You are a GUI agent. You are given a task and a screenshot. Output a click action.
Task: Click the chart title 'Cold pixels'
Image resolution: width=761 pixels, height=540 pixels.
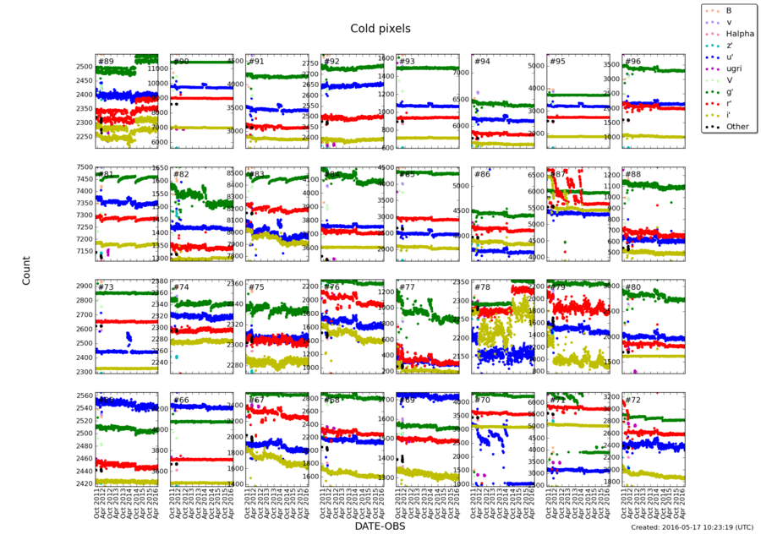tap(380, 29)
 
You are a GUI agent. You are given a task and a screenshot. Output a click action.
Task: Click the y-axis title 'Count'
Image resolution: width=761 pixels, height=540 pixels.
tap(26, 271)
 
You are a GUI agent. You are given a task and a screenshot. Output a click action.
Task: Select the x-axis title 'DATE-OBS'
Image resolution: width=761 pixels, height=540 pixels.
tap(380, 525)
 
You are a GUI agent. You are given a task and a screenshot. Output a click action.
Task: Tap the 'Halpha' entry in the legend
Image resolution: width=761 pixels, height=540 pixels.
tap(730, 33)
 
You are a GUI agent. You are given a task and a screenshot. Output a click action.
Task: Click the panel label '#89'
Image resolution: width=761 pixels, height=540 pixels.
tap(106, 62)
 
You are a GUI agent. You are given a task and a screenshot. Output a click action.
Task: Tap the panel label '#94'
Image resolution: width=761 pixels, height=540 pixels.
tap(481, 62)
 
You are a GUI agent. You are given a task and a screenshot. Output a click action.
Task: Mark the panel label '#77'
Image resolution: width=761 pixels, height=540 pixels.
tap(406, 287)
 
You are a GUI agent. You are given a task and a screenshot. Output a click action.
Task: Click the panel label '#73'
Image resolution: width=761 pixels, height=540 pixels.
tap(106, 287)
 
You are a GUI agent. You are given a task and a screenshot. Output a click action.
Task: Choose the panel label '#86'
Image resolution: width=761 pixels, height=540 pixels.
tap(481, 174)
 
